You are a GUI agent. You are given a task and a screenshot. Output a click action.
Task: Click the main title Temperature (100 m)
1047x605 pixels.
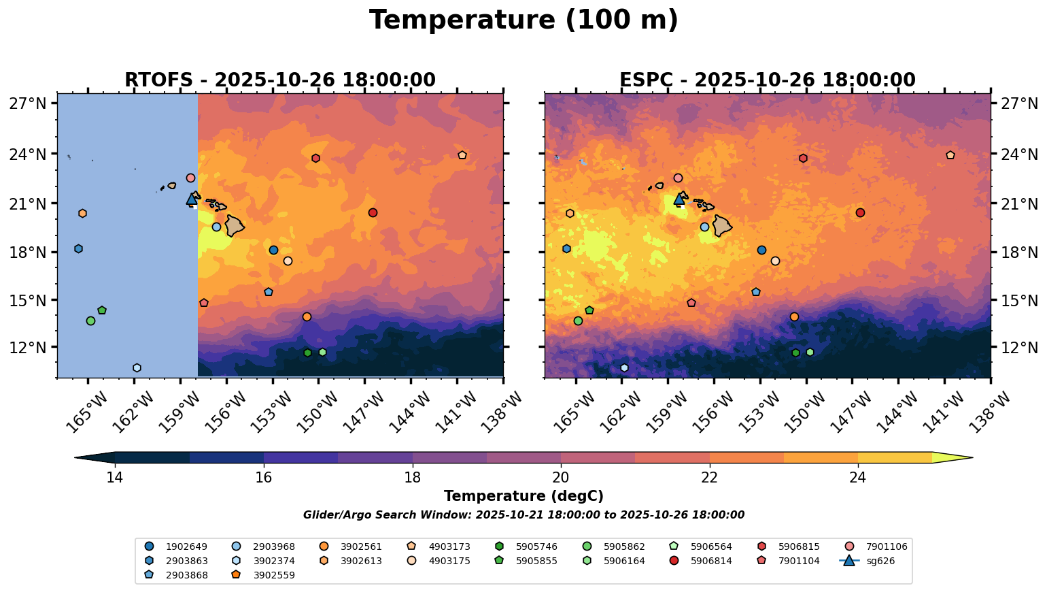[x=523, y=20]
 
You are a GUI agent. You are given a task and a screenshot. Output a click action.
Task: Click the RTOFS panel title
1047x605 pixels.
[x=279, y=80]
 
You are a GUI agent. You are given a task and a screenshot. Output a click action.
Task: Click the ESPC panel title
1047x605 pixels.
[x=768, y=80]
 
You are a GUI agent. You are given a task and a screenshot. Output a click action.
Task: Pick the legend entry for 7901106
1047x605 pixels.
[x=886, y=546]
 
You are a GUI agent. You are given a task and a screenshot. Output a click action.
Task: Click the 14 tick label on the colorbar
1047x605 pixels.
[x=115, y=478]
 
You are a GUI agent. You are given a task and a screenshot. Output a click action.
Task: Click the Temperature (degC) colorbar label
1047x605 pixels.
[x=523, y=497]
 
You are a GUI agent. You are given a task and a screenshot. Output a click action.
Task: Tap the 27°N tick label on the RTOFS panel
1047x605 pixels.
[x=28, y=103]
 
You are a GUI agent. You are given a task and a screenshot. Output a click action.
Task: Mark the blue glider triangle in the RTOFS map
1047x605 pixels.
[x=192, y=199]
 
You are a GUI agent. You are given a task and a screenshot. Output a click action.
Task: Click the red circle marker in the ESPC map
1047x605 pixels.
[x=860, y=213]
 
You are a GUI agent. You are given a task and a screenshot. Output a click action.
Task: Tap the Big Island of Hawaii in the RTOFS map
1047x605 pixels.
[x=235, y=225]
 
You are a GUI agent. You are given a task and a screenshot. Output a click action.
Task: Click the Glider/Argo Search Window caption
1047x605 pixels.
[x=523, y=515]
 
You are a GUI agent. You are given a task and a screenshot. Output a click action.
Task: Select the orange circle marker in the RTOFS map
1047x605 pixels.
[x=307, y=317]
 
